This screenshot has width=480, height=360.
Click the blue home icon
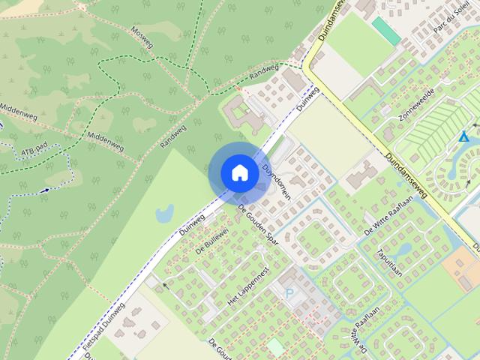239,172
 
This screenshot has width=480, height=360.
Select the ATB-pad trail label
34,152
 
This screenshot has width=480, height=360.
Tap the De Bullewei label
211,241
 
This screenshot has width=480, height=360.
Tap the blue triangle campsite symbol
464,137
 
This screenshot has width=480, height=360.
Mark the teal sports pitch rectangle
386,30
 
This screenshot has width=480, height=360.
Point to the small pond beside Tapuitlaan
404,247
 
